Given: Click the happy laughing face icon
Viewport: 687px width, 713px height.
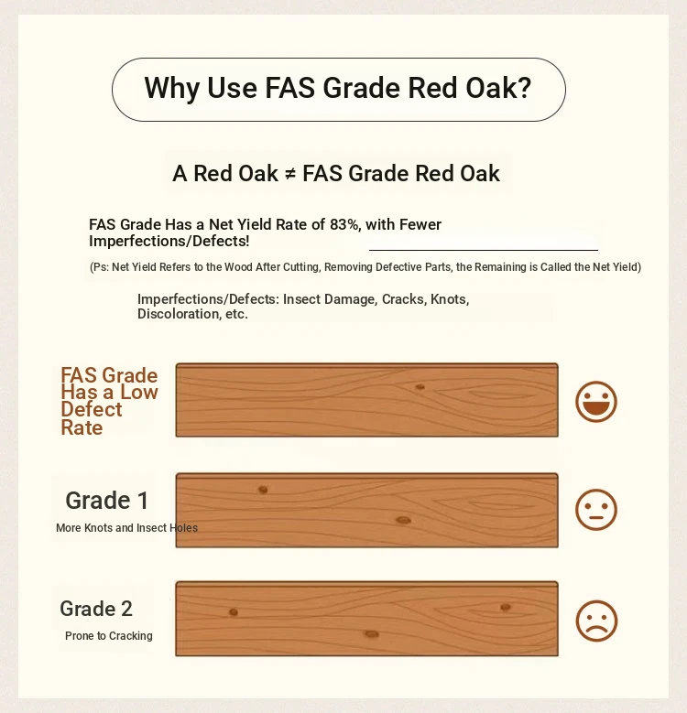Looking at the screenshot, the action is (x=596, y=402).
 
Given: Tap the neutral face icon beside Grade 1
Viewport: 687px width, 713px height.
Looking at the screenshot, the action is (x=596, y=509).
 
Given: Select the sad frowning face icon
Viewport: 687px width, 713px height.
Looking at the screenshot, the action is (x=596, y=621).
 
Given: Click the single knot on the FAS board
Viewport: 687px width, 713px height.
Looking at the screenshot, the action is (x=420, y=387).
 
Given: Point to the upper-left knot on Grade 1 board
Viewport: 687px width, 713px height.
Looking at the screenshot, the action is (x=263, y=490).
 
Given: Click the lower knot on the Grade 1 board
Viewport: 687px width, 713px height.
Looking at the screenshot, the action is (x=403, y=520).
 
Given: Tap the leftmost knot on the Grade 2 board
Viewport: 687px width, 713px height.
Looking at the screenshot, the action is (x=234, y=612).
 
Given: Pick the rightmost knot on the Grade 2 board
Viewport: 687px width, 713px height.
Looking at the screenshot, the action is (x=505, y=607).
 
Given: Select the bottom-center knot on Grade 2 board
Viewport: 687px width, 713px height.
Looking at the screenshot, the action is (x=371, y=634).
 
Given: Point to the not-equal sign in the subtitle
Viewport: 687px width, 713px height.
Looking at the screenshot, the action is (x=290, y=174).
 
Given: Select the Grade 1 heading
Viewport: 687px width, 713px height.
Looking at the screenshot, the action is (x=107, y=500).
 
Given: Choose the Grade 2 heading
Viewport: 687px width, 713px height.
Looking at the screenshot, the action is (x=96, y=609).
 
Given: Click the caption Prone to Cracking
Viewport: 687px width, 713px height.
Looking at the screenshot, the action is (x=109, y=636).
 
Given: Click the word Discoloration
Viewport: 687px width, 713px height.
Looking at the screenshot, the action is (x=180, y=314).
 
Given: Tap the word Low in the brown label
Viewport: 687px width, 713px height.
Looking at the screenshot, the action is (x=138, y=392).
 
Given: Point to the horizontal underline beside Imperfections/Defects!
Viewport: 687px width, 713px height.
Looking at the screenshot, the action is (x=484, y=250).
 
